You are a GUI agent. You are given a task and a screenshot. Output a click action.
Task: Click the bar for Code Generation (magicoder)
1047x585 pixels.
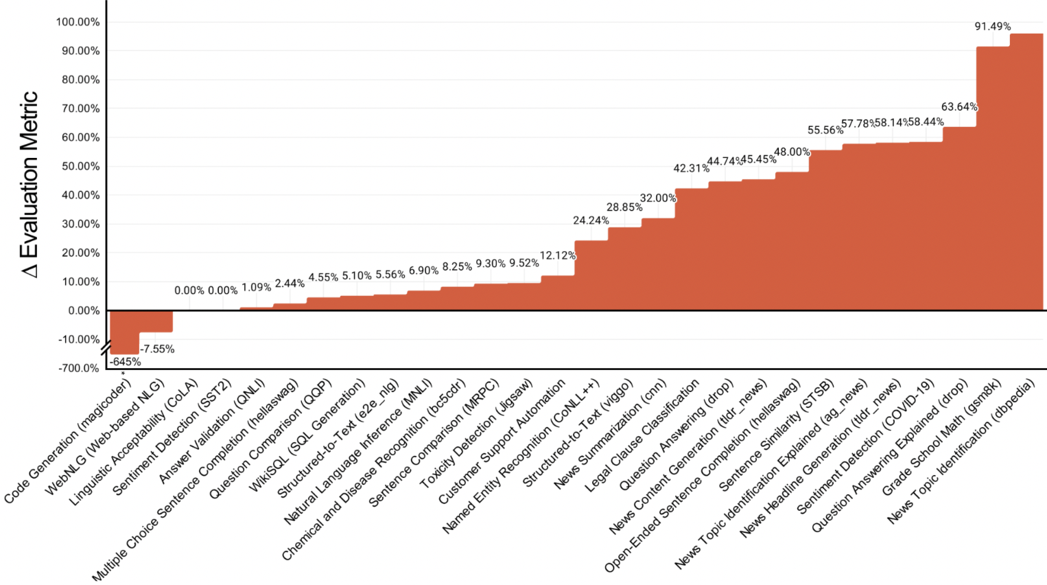click(124, 332)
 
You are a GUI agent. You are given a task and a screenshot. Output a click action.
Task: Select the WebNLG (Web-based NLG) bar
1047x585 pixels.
click(156, 321)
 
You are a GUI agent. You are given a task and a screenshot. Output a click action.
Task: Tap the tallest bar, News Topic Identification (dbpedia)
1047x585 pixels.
click(1026, 172)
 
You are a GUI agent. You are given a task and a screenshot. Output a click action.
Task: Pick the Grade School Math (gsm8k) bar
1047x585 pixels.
click(993, 179)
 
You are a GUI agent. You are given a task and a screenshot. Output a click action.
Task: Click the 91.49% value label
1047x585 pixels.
click(992, 26)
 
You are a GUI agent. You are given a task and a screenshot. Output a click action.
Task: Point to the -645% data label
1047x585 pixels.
click(126, 362)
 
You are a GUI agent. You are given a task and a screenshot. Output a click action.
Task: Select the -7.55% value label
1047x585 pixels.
click(157, 349)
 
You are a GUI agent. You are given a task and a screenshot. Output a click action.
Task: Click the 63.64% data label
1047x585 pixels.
click(958, 106)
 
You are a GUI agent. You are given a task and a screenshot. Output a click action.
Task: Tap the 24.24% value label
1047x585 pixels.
click(591, 220)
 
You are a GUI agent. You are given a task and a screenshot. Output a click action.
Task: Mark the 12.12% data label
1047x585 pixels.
click(557, 255)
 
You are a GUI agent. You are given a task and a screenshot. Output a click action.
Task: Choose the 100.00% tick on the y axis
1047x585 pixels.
click(78, 22)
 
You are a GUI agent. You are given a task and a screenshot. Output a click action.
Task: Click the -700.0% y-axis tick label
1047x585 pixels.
click(78, 368)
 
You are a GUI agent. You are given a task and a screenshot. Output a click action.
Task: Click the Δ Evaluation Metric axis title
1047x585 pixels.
click(29, 184)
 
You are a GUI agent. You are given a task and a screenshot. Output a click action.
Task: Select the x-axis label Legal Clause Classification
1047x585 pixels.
click(642, 435)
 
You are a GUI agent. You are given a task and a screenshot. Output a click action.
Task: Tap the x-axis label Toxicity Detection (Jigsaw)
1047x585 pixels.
click(476, 433)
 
